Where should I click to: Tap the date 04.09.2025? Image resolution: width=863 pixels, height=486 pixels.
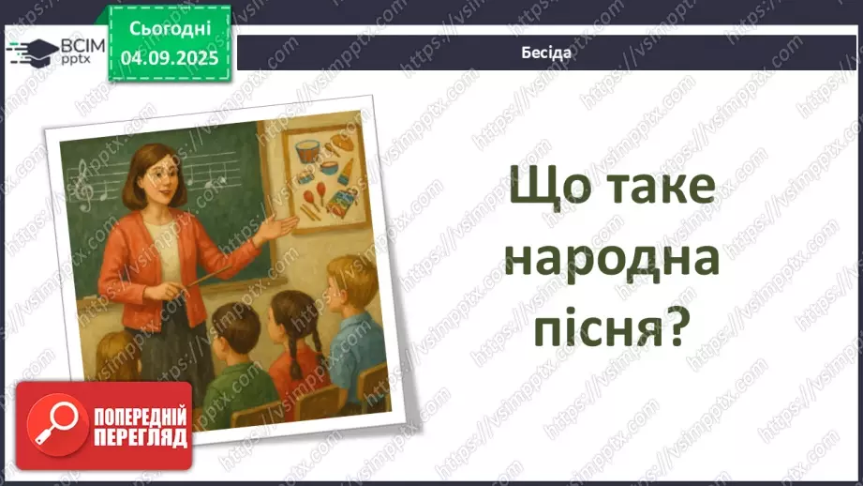(x=170, y=57)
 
